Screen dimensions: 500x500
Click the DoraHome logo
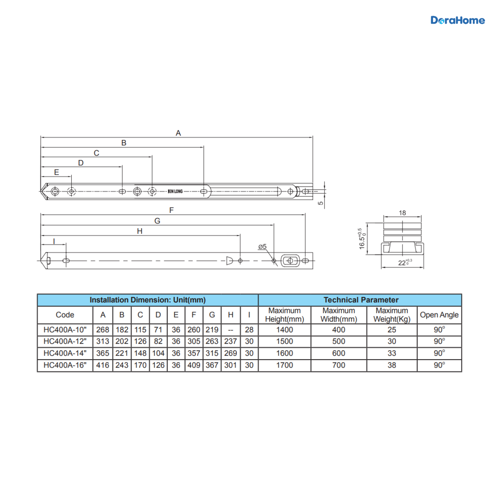(457, 20)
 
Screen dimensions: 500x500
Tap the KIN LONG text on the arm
(175, 192)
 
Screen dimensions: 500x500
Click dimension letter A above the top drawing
(178, 133)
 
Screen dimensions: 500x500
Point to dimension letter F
(171, 210)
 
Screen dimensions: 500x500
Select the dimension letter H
(140, 231)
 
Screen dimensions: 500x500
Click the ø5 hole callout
(262, 247)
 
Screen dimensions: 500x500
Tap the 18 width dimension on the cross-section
(402, 213)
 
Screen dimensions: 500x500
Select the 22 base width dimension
(405, 262)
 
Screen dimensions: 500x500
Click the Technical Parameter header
(361, 300)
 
